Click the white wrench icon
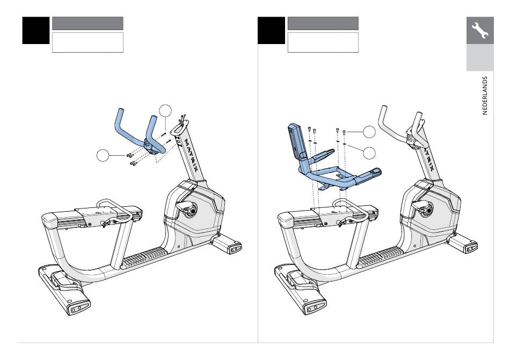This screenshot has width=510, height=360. [480, 30]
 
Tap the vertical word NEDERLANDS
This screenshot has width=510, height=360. [485, 95]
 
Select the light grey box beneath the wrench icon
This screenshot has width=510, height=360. [480, 57]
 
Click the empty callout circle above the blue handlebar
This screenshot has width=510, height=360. [165, 111]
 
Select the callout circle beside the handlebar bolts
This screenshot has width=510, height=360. [103, 155]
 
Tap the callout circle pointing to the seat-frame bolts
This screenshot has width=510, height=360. [369, 132]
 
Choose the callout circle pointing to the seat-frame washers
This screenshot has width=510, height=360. [369, 153]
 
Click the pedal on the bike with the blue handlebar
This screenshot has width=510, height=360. [185, 206]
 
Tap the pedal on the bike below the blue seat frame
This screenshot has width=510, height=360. [420, 206]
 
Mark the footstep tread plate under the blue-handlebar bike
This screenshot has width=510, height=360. [144, 257]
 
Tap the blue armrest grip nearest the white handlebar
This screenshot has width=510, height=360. [369, 176]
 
